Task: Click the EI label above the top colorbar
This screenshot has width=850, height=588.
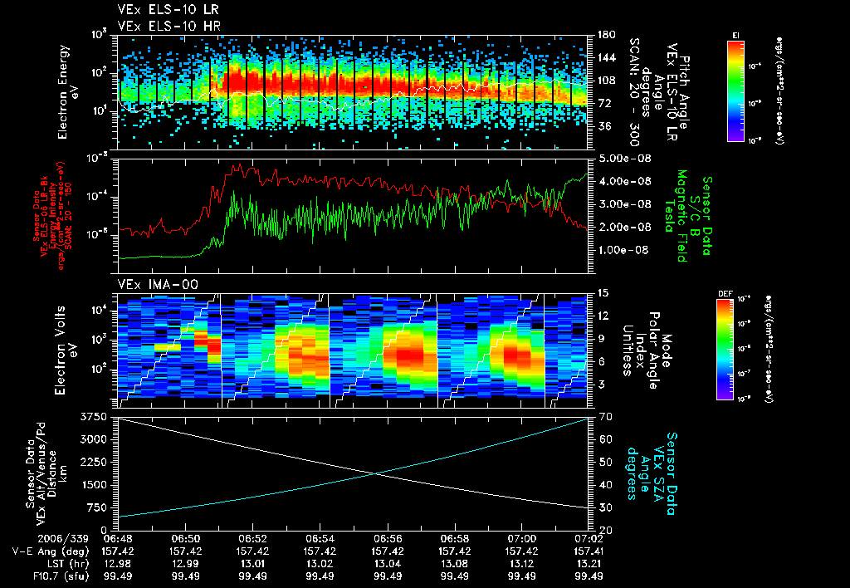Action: [x=735, y=34]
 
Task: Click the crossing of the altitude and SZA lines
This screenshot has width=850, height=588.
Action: [x=379, y=473]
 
